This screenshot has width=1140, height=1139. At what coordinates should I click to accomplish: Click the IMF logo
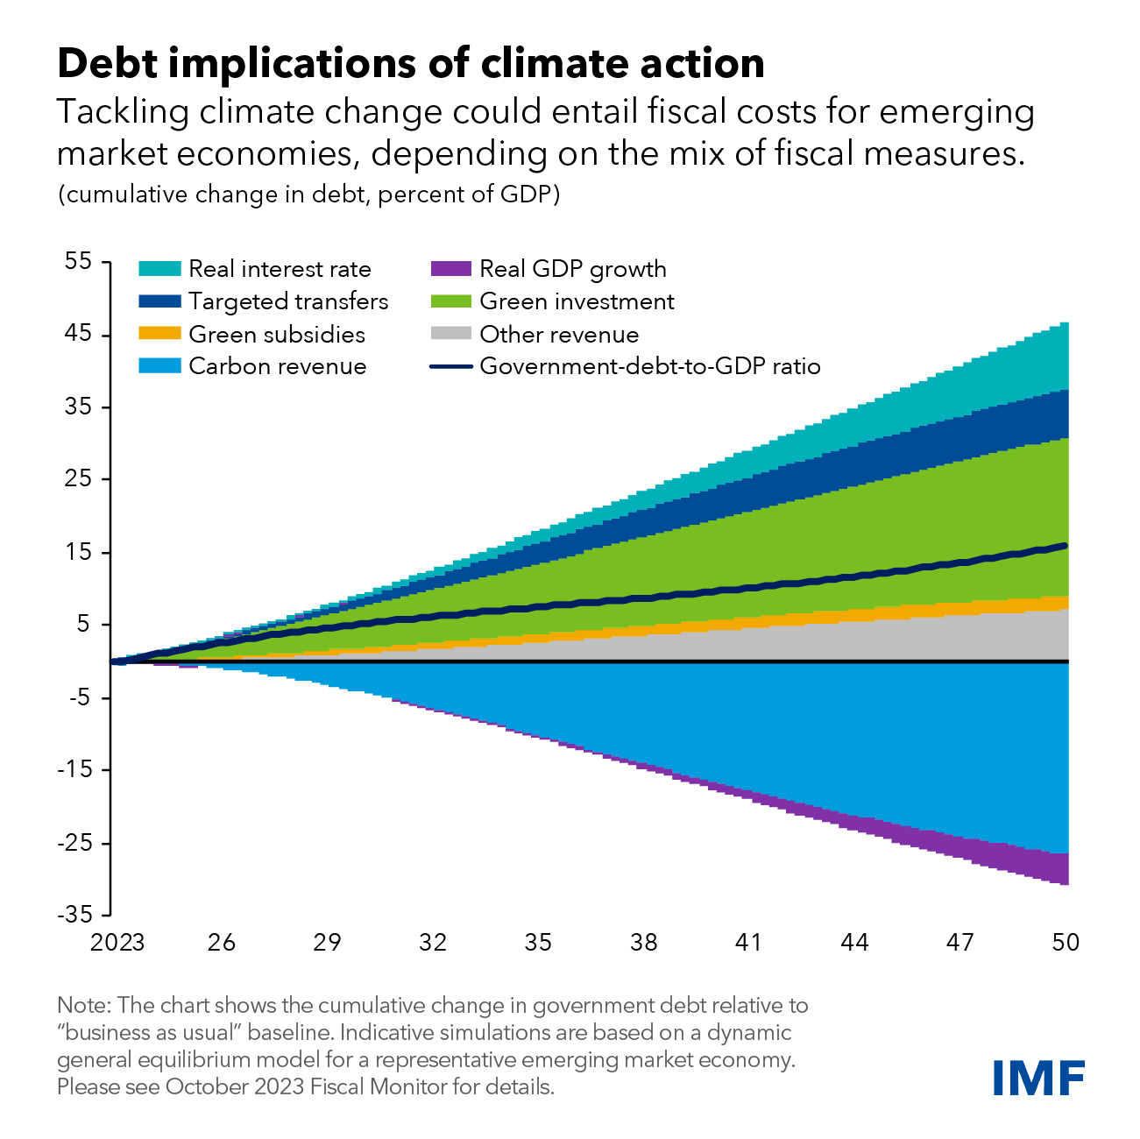tap(1038, 1077)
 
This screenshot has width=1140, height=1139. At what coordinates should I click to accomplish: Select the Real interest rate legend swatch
tap(159, 269)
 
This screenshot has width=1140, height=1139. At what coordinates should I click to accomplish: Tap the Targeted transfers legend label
tap(288, 301)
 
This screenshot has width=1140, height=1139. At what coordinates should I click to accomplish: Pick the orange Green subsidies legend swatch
tap(159, 334)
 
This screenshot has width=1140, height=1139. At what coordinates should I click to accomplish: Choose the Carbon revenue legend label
tap(277, 366)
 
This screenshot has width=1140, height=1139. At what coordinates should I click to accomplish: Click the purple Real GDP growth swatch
tap(451, 269)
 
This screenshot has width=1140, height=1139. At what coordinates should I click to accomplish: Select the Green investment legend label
tap(577, 301)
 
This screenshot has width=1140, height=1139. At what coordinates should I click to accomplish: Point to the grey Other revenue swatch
tap(451, 334)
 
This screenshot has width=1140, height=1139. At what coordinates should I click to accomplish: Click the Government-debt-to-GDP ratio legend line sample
tap(451, 366)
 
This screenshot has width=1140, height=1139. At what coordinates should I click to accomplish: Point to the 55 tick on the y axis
tap(78, 261)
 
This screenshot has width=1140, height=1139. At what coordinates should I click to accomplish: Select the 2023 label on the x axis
tap(117, 943)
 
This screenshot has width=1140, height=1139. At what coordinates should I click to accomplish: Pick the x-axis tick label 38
tap(644, 943)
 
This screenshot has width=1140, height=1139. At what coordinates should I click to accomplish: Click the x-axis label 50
tap(1066, 943)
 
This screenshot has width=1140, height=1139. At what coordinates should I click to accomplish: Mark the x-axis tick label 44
tap(854, 943)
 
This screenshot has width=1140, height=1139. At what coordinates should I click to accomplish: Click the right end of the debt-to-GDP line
tap(1065, 546)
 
